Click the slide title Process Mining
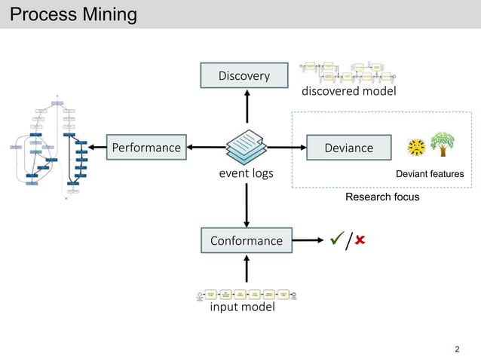point(74,14)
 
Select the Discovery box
point(244,75)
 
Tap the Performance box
point(146,147)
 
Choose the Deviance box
point(348,148)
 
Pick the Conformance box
point(246,240)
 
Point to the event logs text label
point(246,174)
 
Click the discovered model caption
point(348,91)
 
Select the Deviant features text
point(430,175)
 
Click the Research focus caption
point(381,197)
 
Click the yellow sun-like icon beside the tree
point(415,148)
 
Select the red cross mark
point(360,240)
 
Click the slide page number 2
point(457,349)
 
